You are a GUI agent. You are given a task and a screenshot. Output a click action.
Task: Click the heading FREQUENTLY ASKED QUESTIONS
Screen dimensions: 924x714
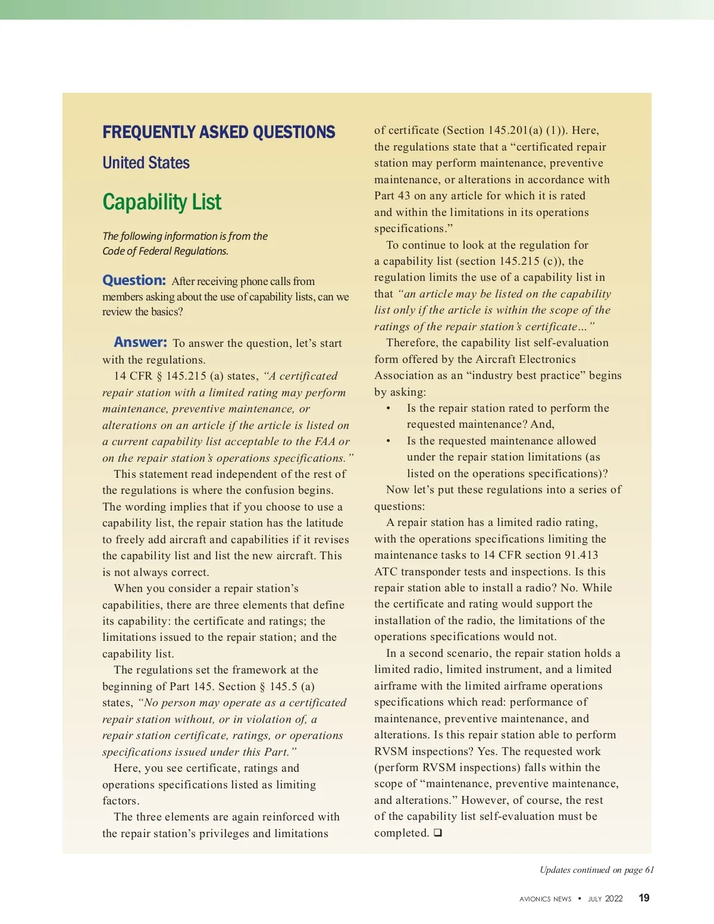(x=218, y=132)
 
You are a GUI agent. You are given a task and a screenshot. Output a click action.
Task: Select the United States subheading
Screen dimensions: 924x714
(x=146, y=163)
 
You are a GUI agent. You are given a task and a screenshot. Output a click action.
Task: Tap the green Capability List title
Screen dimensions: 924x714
(x=162, y=202)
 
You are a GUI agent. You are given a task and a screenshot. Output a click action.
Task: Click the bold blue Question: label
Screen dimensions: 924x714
(x=134, y=280)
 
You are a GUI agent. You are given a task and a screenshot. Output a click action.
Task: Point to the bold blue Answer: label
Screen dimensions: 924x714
(x=140, y=342)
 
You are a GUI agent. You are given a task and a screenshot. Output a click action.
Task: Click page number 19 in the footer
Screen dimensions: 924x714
(x=644, y=898)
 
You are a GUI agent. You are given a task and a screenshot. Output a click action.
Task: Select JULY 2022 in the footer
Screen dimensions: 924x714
(x=605, y=899)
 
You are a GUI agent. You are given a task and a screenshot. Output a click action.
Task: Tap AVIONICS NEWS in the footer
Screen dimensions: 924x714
(x=545, y=899)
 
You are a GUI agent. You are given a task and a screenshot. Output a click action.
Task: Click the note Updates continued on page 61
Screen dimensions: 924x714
(x=597, y=870)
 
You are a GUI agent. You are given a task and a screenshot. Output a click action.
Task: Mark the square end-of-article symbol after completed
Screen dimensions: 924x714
(x=437, y=833)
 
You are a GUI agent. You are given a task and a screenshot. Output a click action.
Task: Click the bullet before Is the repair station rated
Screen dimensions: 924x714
(x=389, y=409)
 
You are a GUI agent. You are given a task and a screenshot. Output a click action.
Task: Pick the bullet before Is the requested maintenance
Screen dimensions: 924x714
(x=389, y=441)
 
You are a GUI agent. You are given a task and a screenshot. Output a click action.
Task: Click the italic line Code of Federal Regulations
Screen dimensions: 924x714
(x=165, y=251)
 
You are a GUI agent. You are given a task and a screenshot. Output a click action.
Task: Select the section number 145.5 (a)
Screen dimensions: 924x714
(x=292, y=686)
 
